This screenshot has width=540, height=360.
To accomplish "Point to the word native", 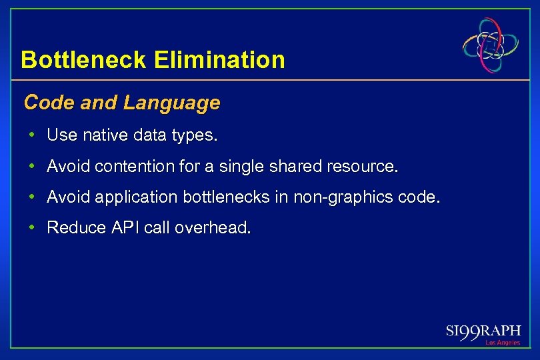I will (105, 135).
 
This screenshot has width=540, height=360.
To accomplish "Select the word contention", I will (135, 166).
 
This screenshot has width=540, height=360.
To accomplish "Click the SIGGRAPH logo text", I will (483, 331).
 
